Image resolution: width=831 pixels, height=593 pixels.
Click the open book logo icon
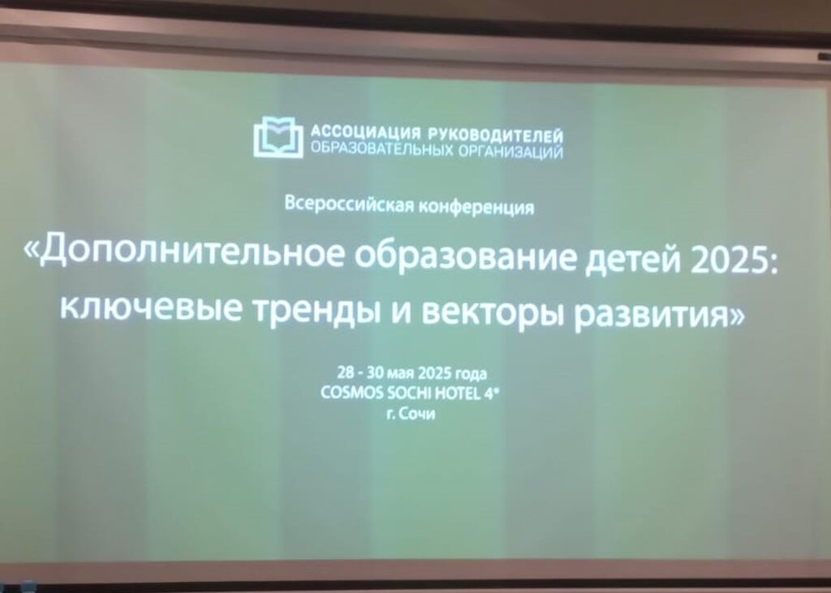[x=278, y=137]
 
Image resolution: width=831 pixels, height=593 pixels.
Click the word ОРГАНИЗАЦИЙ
[x=510, y=151]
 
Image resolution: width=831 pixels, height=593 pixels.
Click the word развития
[x=653, y=316]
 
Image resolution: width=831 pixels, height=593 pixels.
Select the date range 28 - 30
[x=360, y=372]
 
